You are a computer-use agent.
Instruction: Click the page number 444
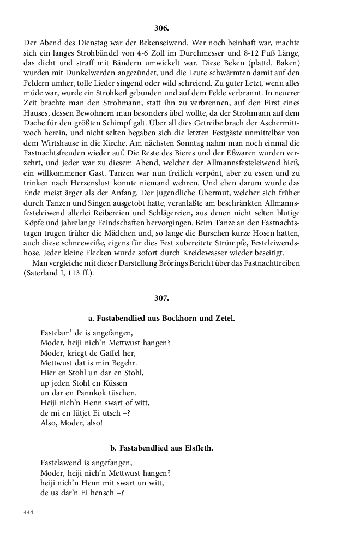click(28, 513)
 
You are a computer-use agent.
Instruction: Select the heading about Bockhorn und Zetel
click(161, 317)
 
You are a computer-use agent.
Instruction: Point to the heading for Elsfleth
click(161, 448)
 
